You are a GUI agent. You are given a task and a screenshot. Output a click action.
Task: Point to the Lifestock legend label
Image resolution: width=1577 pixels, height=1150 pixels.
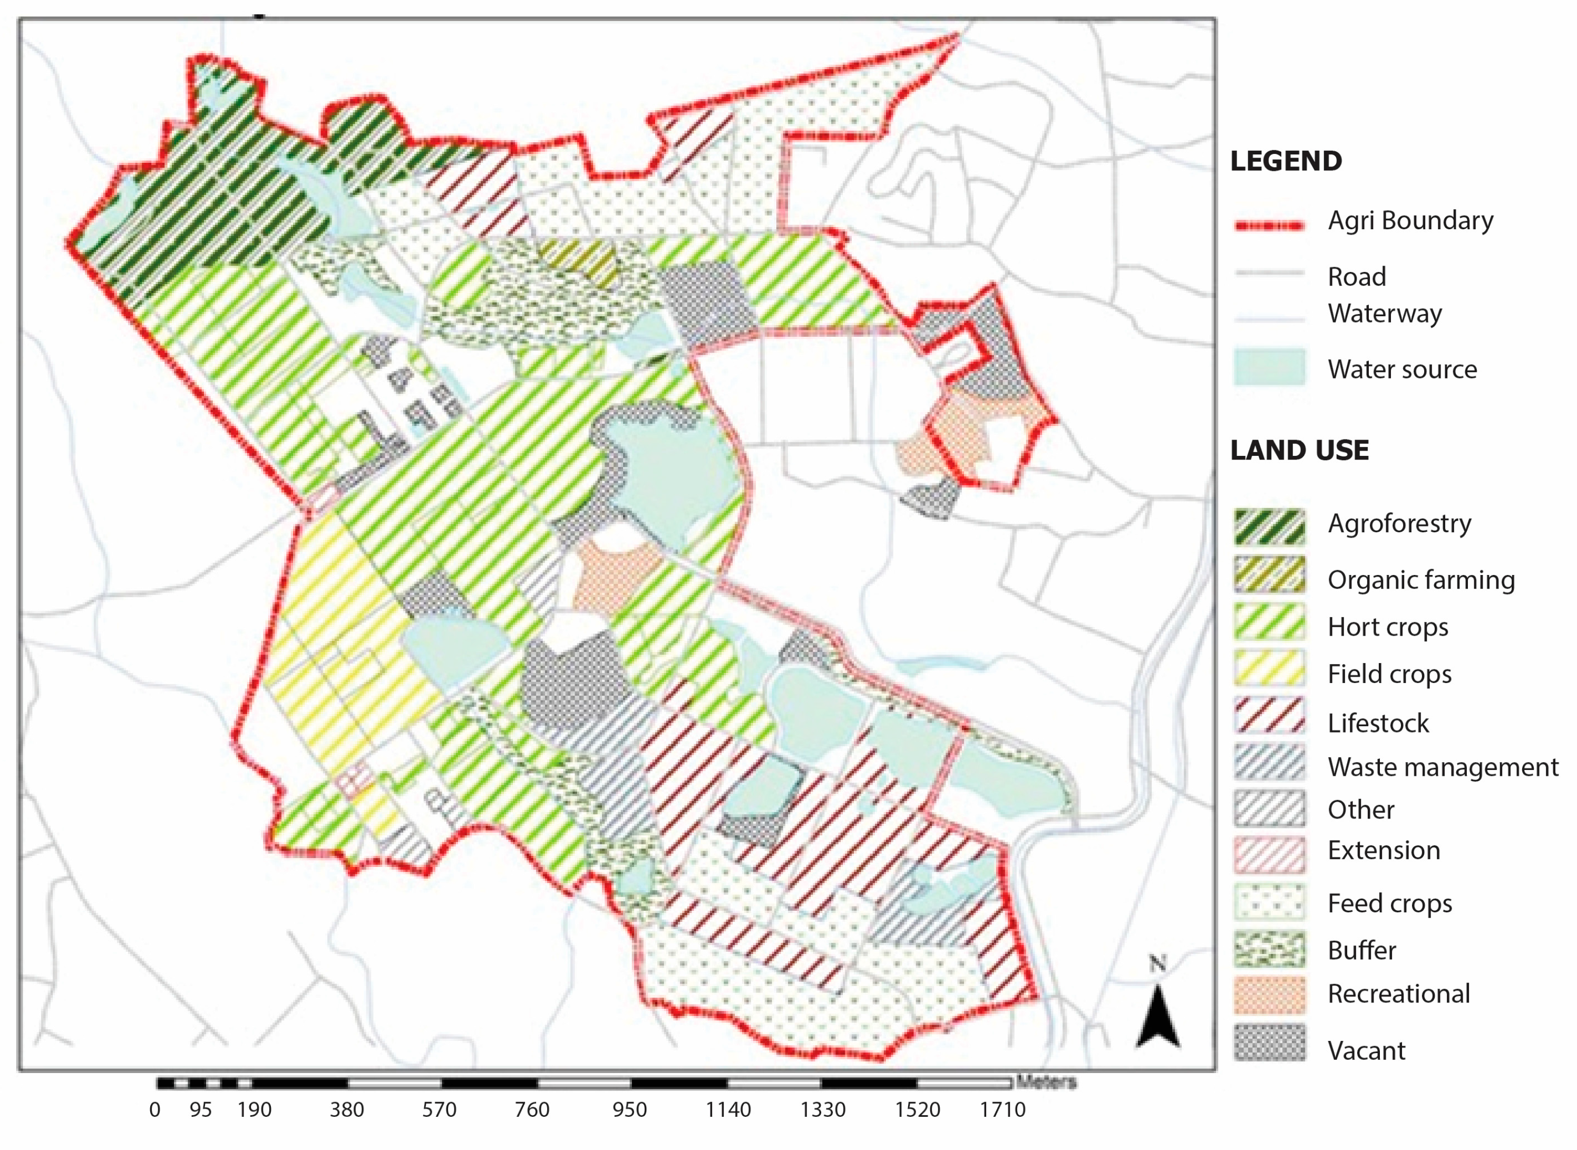pyautogui.click(x=1377, y=723)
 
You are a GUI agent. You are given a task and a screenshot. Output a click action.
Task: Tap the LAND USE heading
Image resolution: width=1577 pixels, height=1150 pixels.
pyautogui.click(x=1299, y=451)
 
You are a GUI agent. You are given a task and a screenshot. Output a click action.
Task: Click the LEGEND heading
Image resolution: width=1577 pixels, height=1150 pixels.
pyautogui.click(x=1286, y=161)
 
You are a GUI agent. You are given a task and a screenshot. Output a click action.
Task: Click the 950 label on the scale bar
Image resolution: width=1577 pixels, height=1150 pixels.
pyautogui.click(x=629, y=1109)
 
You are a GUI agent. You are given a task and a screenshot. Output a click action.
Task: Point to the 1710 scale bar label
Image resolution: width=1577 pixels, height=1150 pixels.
pyautogui.click(x=1002, y=1109)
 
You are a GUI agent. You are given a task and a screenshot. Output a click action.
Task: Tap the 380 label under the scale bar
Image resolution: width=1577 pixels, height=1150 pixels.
pyautogui.click(x=347, y=1109)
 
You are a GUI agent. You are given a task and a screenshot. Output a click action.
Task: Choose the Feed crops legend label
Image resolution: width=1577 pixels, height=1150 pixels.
pyautogui.click(x=1389, y=903)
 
